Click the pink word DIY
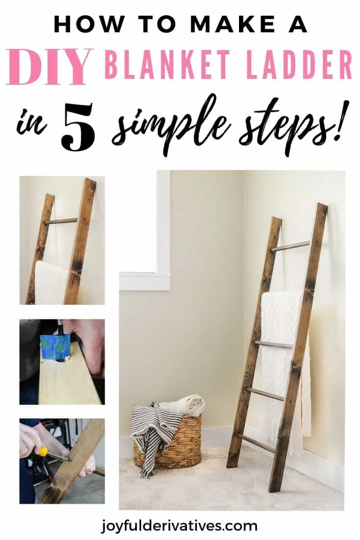(50, 67)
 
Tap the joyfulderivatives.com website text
(180, 526)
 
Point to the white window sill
(144, 281)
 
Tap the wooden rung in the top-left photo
(61, 221)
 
